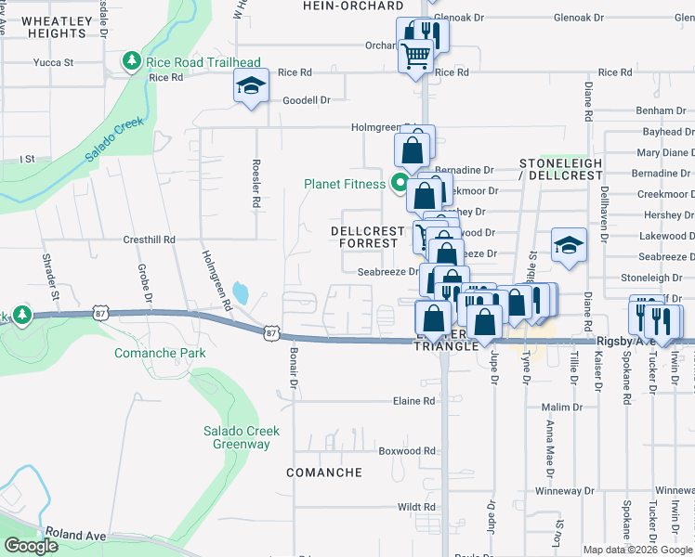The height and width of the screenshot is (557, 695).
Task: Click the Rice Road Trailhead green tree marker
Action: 132,62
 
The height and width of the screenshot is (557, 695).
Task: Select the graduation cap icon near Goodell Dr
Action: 248,87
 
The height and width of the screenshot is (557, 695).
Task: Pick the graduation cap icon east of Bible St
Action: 569,246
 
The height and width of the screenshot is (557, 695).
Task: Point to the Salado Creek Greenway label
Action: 237,437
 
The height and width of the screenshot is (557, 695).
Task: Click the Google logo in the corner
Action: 31,546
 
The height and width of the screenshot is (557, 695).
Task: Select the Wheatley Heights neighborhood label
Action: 58,27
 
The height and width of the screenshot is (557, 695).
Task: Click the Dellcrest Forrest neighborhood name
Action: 369,237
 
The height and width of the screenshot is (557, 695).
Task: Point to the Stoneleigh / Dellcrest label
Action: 560,169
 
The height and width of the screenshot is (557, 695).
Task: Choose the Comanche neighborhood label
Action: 324,473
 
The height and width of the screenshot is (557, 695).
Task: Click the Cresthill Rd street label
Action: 150,240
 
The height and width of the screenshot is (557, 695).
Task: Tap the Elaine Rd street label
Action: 415,402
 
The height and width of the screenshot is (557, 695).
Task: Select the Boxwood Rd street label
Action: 407,451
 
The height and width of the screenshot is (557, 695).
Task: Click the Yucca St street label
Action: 53,63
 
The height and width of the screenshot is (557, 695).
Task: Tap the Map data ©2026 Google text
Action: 636,550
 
